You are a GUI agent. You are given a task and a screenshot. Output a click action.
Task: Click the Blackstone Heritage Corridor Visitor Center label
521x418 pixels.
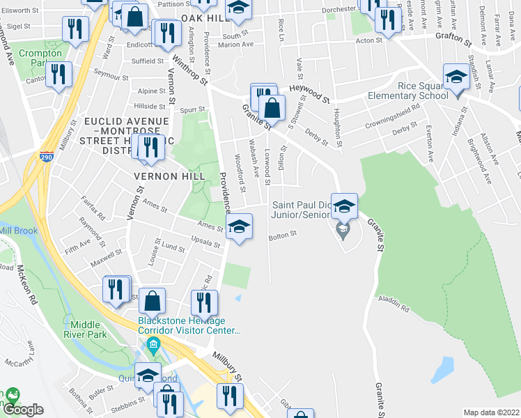coord(189,325)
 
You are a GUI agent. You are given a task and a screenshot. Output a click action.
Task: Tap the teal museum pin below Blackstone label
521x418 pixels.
coord(153,344)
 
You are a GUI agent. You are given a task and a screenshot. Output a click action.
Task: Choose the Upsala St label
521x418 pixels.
coord(206,245)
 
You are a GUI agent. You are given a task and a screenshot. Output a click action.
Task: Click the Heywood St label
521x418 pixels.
coord(309,95)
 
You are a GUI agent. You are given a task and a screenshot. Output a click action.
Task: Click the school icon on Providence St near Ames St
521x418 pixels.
coord(239,227)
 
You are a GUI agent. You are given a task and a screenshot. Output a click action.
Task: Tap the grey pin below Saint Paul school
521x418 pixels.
coord(342,229)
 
